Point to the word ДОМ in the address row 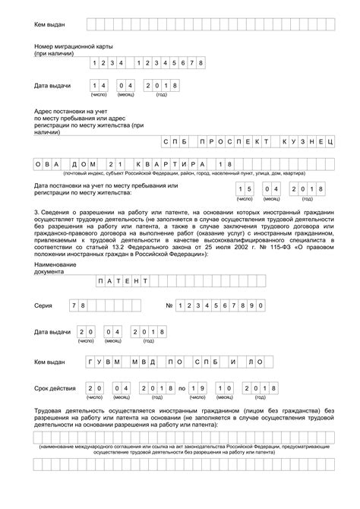click(84, 165)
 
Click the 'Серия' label click(44, 305)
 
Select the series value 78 click(79, 305)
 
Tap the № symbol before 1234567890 click(169, 305)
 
